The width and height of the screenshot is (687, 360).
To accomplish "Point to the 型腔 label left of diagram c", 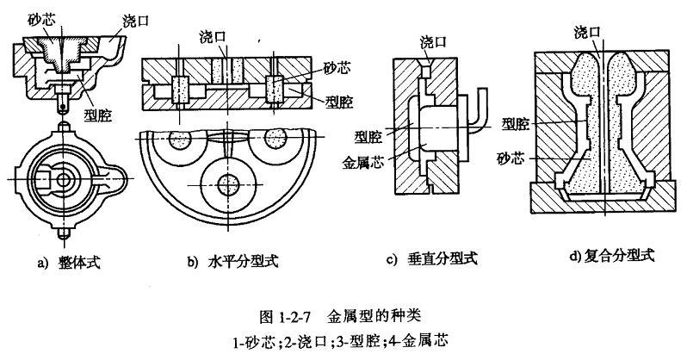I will (369, 135).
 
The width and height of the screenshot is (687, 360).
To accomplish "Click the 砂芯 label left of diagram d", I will (515, 158).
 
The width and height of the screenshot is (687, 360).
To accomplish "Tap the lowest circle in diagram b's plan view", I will (229, 183).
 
